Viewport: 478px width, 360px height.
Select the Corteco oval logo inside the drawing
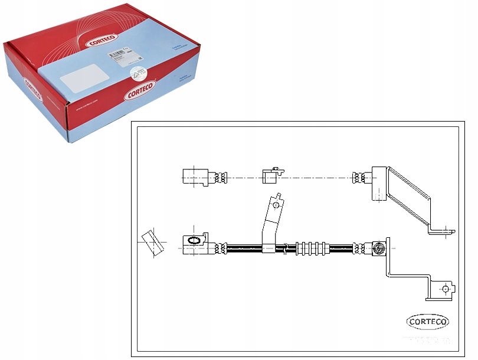pyautogui.click(x=428, y=322)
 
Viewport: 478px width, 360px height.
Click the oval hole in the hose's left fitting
pyautogui.click(x=194, y=241)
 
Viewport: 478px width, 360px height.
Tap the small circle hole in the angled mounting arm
pyautogui.click(x=274, y=204)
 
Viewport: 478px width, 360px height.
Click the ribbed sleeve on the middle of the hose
pyautogui.click(x=310, y=248)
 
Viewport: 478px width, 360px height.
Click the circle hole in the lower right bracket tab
pyautogui.click(x=445, y=289)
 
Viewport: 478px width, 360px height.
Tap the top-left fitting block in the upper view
pyautogui.click(x=194, y=176)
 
